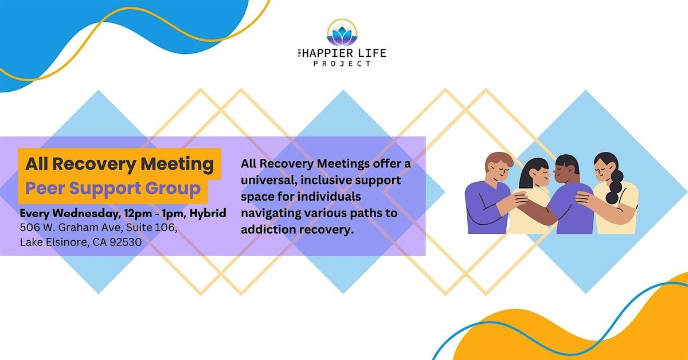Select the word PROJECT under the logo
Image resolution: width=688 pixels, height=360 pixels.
342,63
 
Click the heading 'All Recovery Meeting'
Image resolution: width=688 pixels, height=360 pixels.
119,164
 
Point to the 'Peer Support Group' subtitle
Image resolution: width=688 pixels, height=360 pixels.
113,188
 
